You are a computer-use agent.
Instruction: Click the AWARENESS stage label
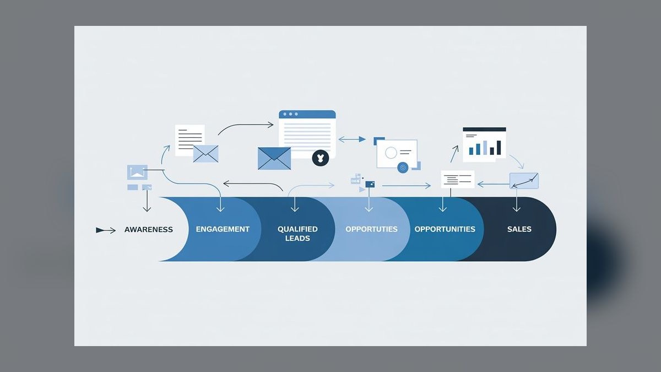click(x=148, y=229)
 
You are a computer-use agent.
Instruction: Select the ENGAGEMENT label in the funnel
click(x=223, y=229)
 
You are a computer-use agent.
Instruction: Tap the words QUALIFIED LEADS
click(x=297, y=234)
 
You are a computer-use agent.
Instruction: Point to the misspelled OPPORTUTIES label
click(x=371, y=229)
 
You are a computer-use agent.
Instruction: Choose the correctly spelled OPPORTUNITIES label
click(x=445, y=229)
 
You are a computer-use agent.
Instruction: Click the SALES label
click(x=519, y=229)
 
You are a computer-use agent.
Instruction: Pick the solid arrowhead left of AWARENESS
click(x=100, y=230)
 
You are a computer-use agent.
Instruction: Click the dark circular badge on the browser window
click(x=320, y=158)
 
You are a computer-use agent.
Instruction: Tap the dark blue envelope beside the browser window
click(x=274, y=159)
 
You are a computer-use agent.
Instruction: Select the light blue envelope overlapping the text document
click(x=205, y=154)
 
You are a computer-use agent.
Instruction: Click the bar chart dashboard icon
click(x=484, y=144)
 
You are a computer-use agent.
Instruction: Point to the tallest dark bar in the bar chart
click(x=499, y=148)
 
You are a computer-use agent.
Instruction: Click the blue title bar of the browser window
click(x=307, y=114)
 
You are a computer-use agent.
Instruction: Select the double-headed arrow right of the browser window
click(x=352, y=139)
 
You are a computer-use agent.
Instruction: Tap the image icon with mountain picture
click(x=137, y=172)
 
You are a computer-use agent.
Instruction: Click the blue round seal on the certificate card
click(x=403, y=168)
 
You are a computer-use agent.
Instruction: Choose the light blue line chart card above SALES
click(x=524, y=181)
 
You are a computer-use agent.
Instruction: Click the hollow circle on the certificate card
click(x=391, y=153)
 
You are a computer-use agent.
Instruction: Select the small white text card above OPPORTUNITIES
click(x=458, y=179)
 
